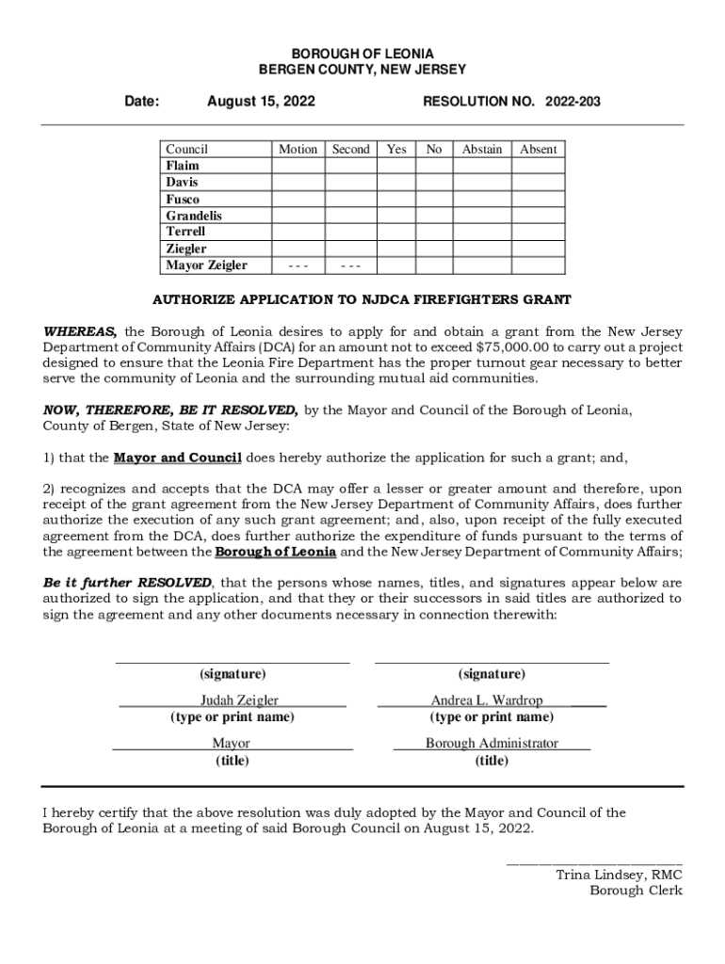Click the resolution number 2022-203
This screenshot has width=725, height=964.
[572, 102]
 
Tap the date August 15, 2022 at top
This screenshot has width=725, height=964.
[261, 102]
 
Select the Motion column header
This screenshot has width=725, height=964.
[298, 149]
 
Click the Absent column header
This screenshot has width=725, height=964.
[539, 149]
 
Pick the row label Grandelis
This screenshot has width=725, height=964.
[194, 216]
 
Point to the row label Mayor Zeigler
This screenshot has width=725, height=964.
[206, 265]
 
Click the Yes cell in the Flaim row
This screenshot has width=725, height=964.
[396, 166]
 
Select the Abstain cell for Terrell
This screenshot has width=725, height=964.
[481, 232]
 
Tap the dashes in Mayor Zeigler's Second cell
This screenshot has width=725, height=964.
[350, 265]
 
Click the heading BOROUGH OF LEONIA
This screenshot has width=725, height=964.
[362, 55]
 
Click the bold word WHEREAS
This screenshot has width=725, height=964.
[80, 331]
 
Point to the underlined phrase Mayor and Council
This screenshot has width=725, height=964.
[178, 458]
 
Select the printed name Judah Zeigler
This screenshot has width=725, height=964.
[238, 700]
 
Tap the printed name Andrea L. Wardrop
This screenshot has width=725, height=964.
[487, 700]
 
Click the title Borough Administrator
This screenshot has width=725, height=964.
[491, 744]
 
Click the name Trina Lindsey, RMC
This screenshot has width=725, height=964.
[619, 875]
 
